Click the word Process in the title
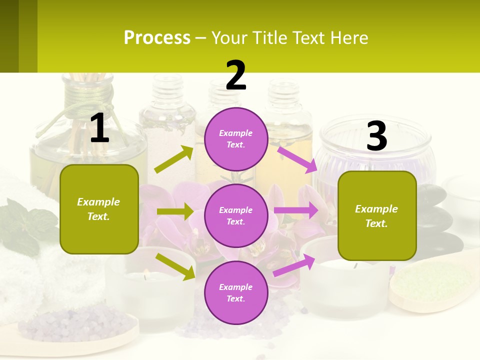[157, 38]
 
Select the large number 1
[99, 128]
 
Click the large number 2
[236, 75]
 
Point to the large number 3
[376, 136]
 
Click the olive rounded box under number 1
[99, 209]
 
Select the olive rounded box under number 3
[377, 215]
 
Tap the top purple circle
[236, 139]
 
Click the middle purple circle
[236, 215]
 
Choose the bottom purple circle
[236, 292]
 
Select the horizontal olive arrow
[174, 211]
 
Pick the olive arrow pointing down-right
[175, 266]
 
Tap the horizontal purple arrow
[295, 210]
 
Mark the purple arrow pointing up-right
[294, 265]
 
